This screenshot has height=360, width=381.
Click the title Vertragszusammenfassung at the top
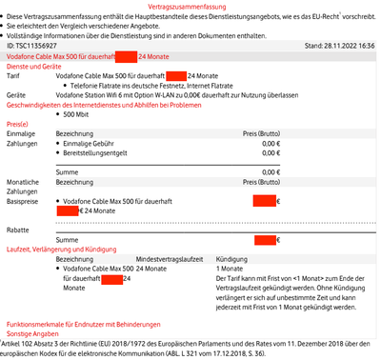click(190, 8)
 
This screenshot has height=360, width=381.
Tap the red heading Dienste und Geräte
click(33, 66)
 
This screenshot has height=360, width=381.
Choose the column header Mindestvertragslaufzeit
click(171, 259)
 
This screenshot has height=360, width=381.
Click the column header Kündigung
click(234, 259)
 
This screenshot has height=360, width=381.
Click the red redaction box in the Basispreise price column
click(264, 201)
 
